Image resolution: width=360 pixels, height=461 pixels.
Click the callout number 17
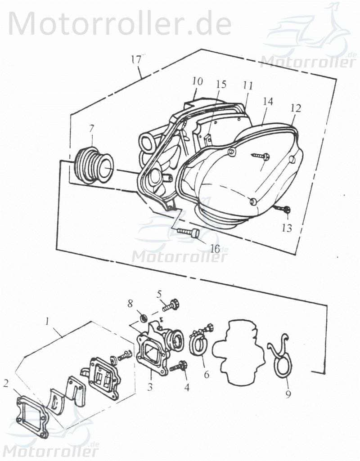click(x=136, y=59)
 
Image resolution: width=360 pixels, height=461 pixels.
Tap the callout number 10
click(x=197, y=81)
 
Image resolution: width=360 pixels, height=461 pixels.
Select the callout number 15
click(x=220, y=85)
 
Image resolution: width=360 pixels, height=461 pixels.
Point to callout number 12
click(x=295, y=108)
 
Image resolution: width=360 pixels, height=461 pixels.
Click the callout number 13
click(x=286, y=228)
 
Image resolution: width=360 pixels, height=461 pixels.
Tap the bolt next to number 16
click(x=189, y=233)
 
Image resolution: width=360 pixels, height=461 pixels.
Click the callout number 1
click(x=46, y=321)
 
